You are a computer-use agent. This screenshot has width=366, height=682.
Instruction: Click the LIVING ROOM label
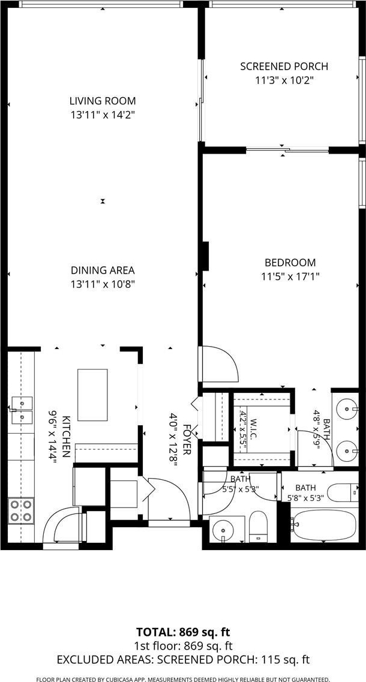(103, 101)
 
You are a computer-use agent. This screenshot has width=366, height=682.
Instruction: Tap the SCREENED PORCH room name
(284, 67)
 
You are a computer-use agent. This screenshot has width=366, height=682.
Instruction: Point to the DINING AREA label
(103, 270)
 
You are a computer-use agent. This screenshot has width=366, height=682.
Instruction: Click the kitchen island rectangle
(92, 395)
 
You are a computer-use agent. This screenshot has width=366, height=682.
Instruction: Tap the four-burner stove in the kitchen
(22, 510)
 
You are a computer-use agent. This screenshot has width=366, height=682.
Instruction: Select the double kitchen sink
(22, 410)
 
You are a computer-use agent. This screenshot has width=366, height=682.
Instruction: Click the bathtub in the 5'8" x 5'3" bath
(324, 525)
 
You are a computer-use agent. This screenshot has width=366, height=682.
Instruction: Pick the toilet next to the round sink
(258, 527)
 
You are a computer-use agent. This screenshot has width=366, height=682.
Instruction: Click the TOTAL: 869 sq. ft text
(183, 632)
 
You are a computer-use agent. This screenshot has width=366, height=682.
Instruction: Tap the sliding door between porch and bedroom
(287, 151)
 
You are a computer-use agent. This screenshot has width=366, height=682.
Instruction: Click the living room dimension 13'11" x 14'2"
(103, 115)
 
